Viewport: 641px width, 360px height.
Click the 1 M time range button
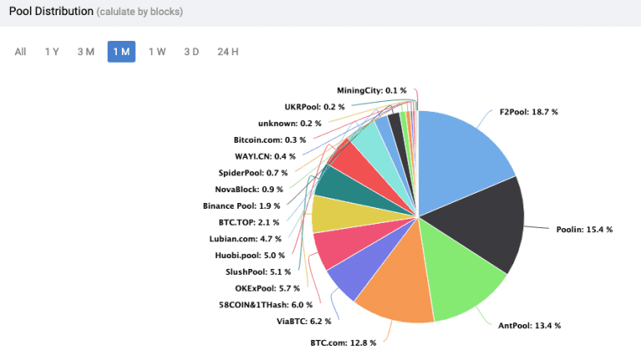click(121, 52)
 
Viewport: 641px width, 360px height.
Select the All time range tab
click(20, 52)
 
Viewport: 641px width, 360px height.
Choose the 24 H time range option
click(228, 52)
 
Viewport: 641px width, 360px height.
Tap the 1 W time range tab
click(157, 52)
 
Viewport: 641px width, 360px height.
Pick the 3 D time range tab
click(191, 52)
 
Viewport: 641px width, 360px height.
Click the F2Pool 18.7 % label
click(528, 111)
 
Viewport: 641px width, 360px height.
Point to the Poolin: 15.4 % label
click(584, 229)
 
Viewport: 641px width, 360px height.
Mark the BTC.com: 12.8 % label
click(343, 342)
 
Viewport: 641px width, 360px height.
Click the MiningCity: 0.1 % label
click(371, 90)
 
